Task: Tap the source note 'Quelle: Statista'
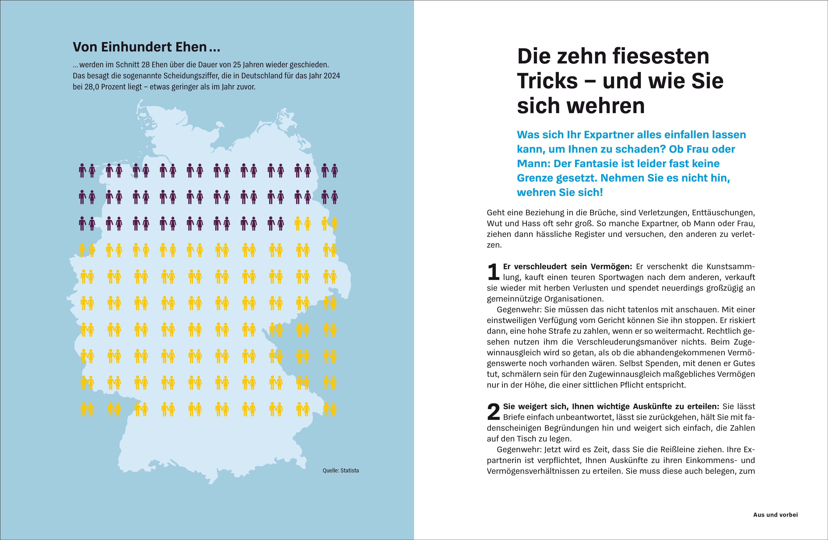pyautogui.click(x=341, y=470)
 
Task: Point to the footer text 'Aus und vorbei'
pyautogui.click(x=775, y=515)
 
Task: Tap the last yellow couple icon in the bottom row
pyautogui.click(x=329, y=409)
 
